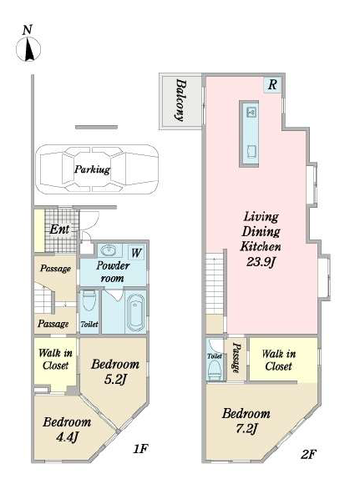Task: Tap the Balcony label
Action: pos(181,100)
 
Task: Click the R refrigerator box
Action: pos(272,84)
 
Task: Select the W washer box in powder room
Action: pos(136,253)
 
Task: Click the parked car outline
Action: pos(97,169)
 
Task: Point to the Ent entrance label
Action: pos(59,229)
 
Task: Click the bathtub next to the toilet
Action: pos(136,312)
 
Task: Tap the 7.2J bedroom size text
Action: pos(246,428)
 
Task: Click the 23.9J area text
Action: pos(261,262)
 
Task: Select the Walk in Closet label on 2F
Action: pos(278,360)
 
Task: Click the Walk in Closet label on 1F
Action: pos(56,359)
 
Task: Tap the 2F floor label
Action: pos(308,454)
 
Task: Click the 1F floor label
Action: pos(140,449)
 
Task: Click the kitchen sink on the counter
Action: pos(251,113)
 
